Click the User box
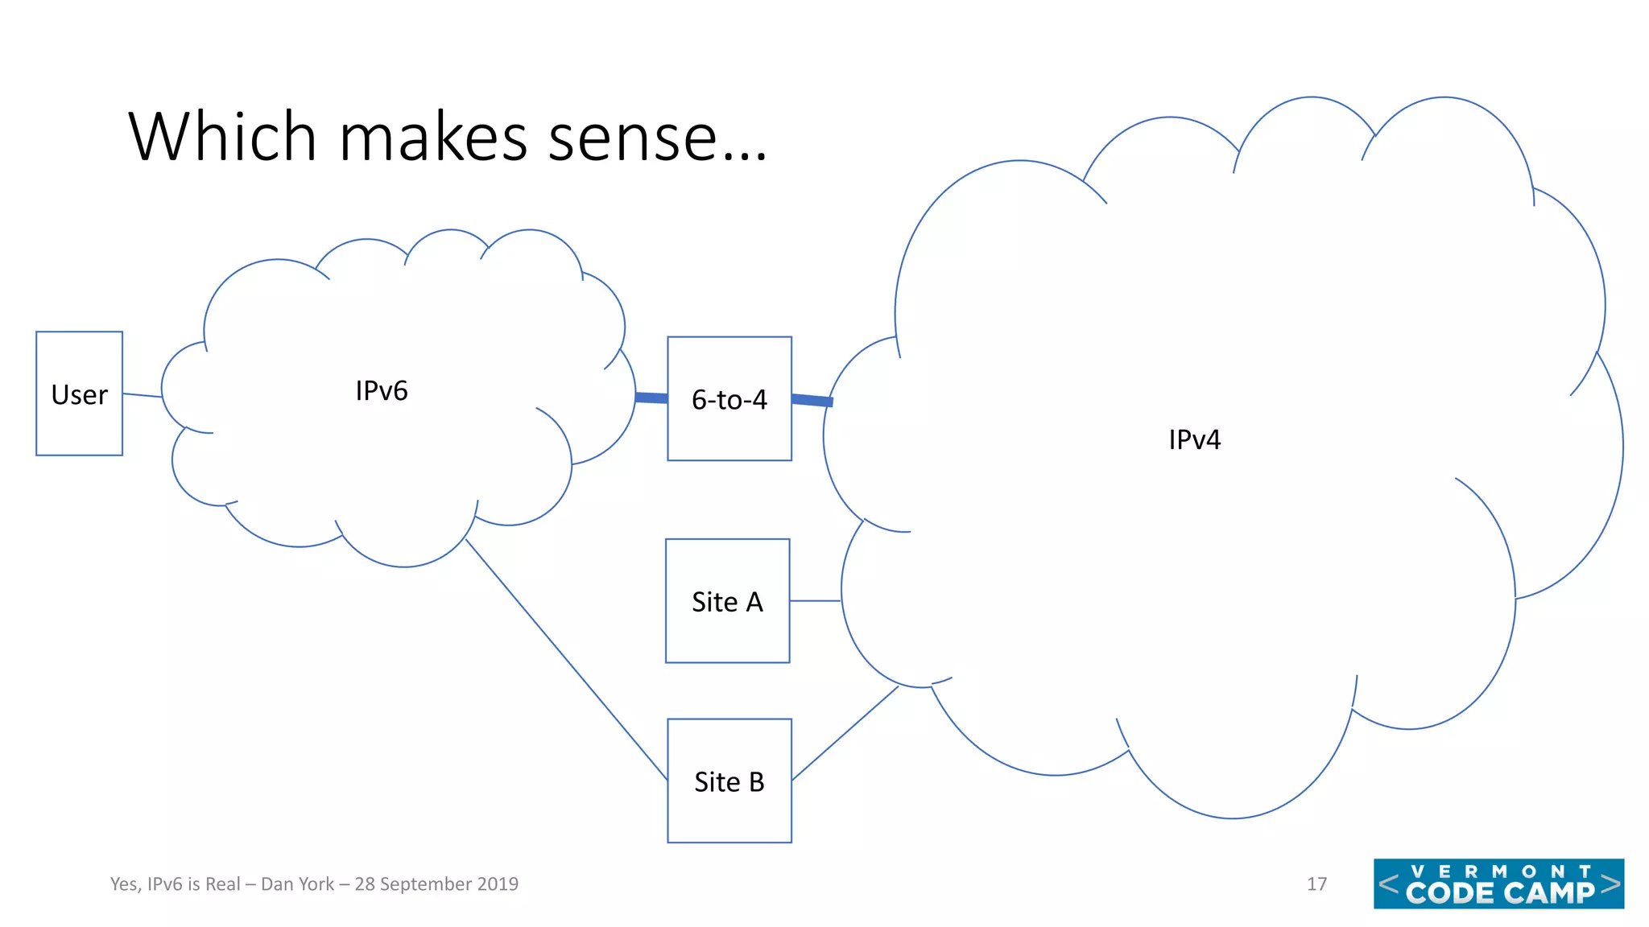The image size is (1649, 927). pos(79,393)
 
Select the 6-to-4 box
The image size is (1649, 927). pos(729,399)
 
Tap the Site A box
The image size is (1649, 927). pos(727,601)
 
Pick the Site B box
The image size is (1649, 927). pos(729,781)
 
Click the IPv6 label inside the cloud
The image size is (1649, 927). pos(382,391)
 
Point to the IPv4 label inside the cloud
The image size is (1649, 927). pos(1194,439)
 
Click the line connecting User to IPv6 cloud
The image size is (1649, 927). pos(142,395)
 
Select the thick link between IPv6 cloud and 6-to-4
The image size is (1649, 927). pos(651,398)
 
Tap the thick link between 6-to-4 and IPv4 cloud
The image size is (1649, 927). pos(812,400)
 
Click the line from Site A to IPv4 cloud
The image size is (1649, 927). pos(815,601)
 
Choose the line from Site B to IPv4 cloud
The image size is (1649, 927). pos(845,733)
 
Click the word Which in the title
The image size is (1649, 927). pos(222,137)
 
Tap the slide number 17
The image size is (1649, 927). pos(1316,884)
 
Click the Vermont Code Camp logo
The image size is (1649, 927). pos(1498,884)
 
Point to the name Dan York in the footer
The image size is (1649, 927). pos(297,884)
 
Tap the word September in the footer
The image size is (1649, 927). pos(426,884)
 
